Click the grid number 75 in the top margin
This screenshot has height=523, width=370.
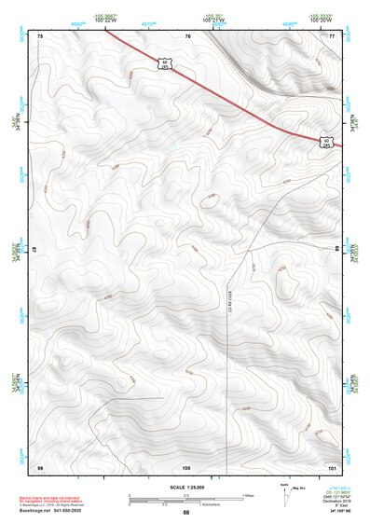40,35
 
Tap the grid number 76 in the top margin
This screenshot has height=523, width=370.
187,35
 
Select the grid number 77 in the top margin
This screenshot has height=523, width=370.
332,35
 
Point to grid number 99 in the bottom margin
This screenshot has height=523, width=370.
40,466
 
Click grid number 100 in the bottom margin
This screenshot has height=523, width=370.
186,466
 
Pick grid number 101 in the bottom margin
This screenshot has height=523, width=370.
332,466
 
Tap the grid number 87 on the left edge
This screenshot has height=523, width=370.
34,249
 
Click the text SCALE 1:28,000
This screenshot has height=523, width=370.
185,489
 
